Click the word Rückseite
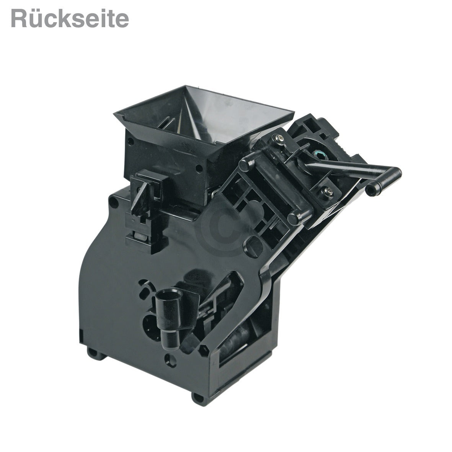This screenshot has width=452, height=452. click(x=70, y=19)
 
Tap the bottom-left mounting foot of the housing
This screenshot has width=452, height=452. click(x=95, y=353)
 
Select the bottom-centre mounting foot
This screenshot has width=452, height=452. click(x=199, y=398)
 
